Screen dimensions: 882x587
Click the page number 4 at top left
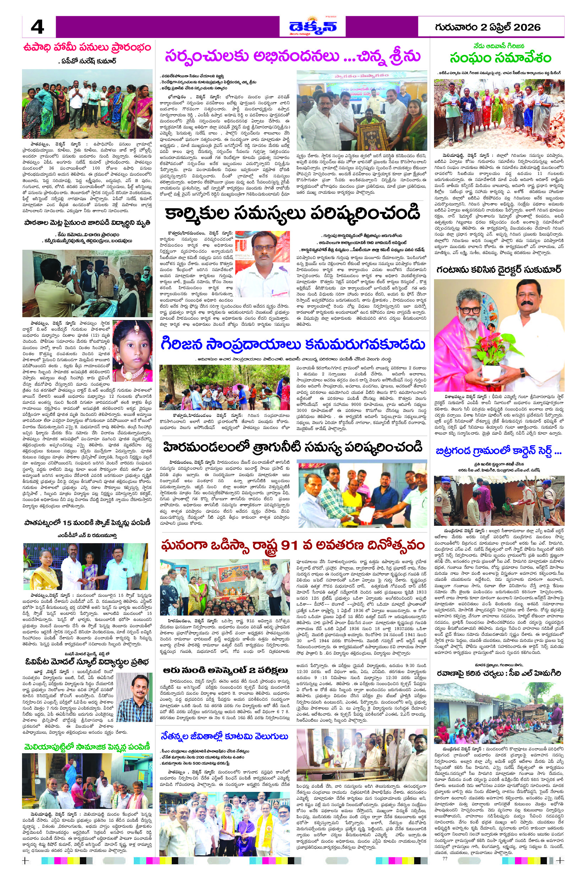37,27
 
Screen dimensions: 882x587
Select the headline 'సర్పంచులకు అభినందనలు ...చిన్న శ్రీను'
293,56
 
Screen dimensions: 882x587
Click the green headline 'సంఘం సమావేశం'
500,58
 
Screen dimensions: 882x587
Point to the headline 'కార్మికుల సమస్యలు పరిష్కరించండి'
293,213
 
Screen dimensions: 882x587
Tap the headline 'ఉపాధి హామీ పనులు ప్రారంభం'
87,48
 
